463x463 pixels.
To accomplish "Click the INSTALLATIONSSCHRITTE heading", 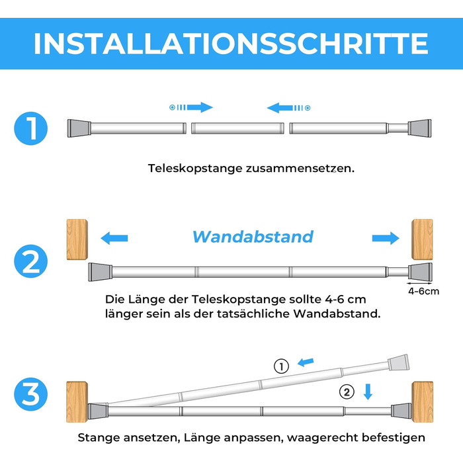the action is tap(232, 44).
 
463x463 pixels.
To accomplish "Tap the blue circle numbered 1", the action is tap(30, 128).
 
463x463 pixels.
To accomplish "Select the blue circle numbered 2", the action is tap(30, 261).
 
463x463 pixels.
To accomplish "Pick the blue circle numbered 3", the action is tap(30, 394).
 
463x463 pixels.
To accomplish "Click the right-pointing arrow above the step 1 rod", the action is tap(191, 107).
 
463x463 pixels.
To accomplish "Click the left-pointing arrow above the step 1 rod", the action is tap(288, 108).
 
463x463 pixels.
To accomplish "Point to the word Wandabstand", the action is tap(253, 237).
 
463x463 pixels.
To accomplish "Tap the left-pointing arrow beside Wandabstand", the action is tap(114, 238).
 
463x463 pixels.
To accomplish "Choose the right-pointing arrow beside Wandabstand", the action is tap(386, 238).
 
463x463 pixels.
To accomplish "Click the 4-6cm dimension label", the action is tap(424, 291).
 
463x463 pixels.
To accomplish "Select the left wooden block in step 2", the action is tap(77, 239).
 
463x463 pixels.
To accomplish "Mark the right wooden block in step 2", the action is tap(423, 239).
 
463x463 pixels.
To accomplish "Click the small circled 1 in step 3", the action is tap(281, 366).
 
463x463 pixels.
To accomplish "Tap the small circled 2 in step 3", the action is tap(347, 392).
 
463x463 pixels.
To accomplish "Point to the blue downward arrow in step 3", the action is tap(368, 392).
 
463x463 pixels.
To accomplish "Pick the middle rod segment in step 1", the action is tap(237, 128).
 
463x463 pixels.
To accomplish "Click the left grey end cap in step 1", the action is tap(79, 128).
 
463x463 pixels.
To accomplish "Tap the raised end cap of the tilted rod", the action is tap(399, 362).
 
